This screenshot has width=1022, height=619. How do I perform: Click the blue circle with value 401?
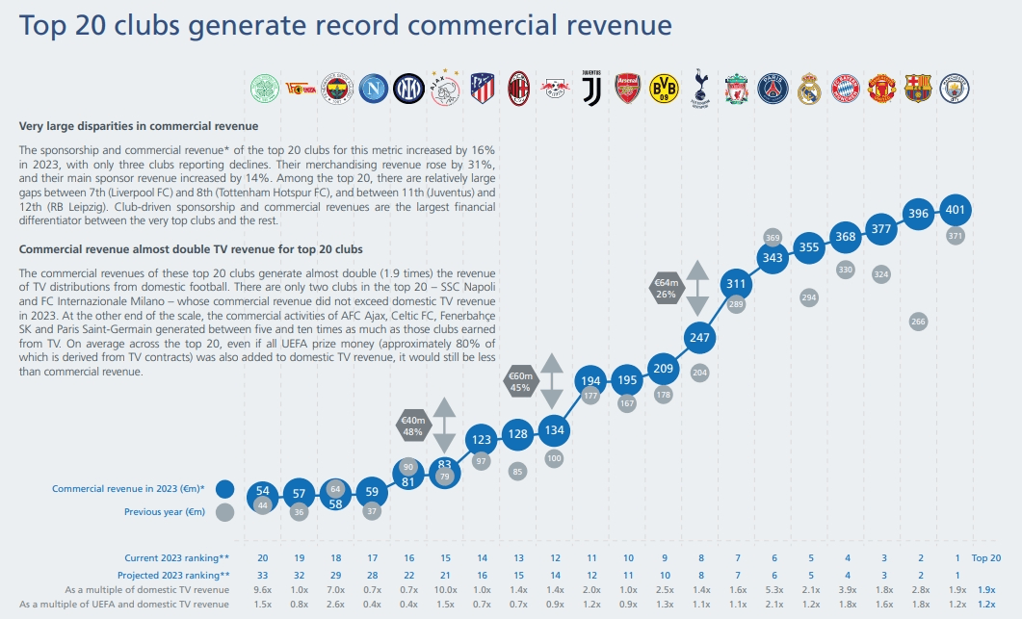pyautogui.click(x=956, y=209)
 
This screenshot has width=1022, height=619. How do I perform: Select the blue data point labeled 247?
pyautogui.click(x=699, y=338)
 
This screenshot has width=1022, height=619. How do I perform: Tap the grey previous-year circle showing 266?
pyautogui.click(x=919, y=322)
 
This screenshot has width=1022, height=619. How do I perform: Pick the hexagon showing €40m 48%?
pyautogui.click(x=413, y=426)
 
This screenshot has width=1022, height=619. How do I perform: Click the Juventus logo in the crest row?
pyautogui.click(x=590, y=89)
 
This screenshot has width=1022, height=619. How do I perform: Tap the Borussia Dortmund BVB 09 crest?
pyautogui.click(x=664, y=89)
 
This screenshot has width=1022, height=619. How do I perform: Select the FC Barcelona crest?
pyautogui.click(x=918, y=89)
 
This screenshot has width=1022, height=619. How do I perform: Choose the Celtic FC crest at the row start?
pyautogui.click(x=263, y=89)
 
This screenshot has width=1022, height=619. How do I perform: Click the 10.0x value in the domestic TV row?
pyautogui.click(x=444, y=589)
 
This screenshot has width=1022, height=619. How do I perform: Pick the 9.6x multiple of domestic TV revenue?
pyautogui.click(x=263, y=589)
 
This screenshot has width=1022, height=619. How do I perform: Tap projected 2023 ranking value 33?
pyautogui.click(x=263, y=574)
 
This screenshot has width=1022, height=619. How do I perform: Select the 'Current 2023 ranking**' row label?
pyautogui.click(x=176, y=558)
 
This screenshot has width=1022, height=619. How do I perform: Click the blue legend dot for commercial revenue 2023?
pyautogui.click(x=225, y=489)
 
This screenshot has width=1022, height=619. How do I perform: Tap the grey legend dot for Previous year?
pyautogui.click(x=225, y=512)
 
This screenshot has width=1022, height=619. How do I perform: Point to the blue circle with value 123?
pyautogui.click(x=481, y=440)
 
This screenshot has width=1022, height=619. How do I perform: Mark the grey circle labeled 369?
pyautogui.click(x=773, y=237)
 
